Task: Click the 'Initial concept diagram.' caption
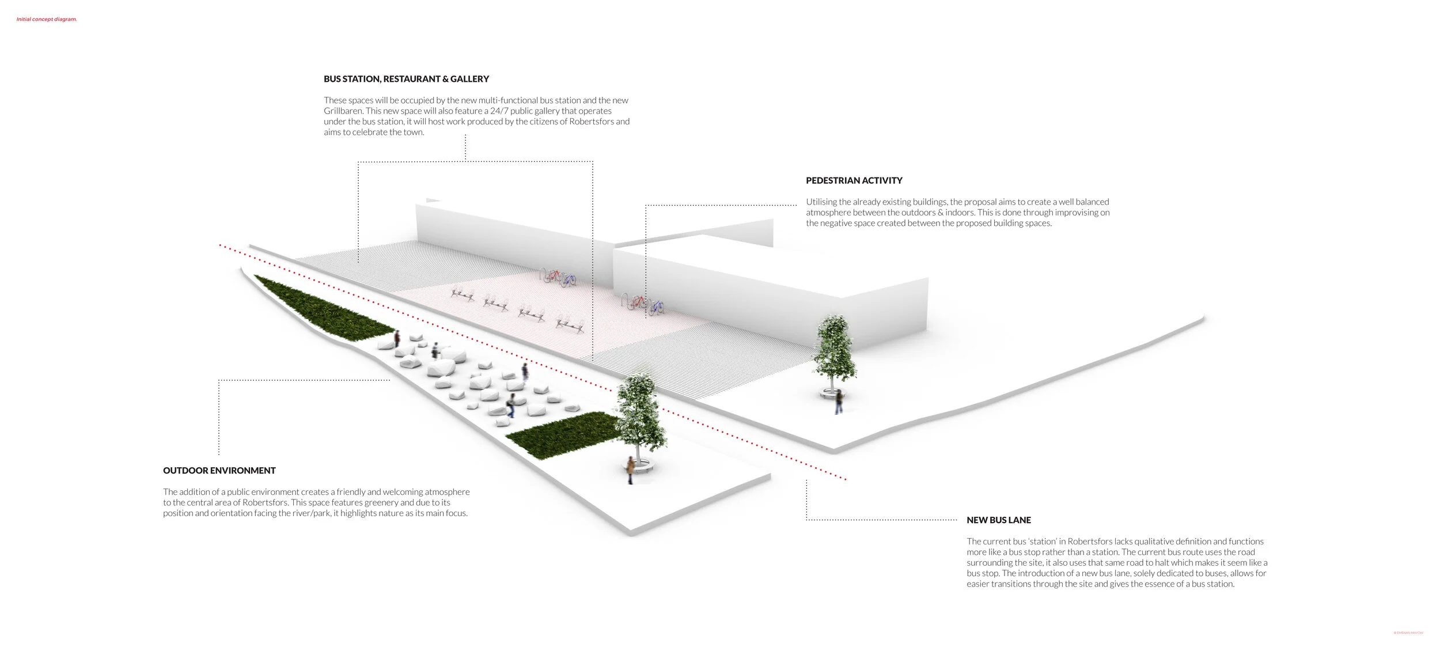point(47,20)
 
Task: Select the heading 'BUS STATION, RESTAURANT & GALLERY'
point(406,79)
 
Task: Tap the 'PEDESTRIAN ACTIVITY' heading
point(854,180)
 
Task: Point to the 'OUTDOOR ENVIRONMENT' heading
point(219,471)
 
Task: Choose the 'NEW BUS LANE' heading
point(998,520)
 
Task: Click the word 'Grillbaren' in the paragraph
point(343,111)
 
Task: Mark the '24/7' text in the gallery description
point(499,111)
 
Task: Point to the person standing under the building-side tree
point(839,402)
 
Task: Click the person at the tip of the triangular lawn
point(397,339)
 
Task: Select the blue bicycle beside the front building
point(655,308)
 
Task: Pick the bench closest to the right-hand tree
point(571,326)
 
